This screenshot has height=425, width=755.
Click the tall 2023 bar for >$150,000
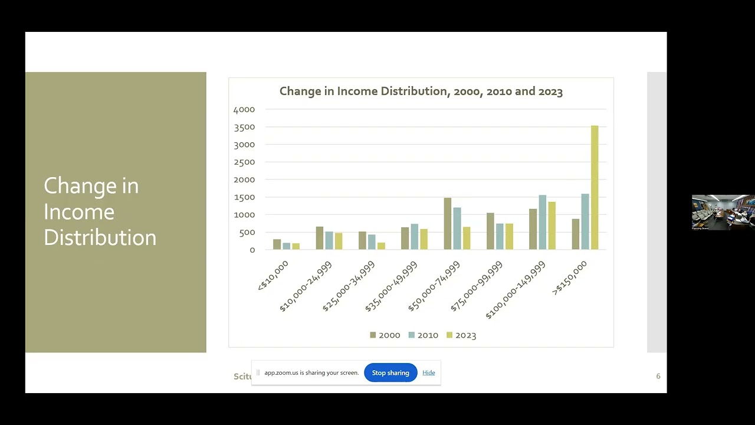595,188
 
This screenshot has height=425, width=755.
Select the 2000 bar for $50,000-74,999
448,224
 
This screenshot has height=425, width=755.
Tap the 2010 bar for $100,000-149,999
542,223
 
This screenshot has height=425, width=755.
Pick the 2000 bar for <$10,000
277,244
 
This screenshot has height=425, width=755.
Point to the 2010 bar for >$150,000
585,222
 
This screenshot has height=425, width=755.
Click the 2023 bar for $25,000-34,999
381,246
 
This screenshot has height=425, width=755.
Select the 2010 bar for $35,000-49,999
414,237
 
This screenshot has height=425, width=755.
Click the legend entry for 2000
385,335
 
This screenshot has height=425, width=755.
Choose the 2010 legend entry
423,335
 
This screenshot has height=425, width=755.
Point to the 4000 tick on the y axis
244,110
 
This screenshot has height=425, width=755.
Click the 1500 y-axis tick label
244,197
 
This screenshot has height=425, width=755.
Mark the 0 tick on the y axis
252,250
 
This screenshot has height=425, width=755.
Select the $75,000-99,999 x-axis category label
477,286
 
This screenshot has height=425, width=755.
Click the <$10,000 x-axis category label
273,276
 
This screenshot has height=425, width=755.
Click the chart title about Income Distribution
421,91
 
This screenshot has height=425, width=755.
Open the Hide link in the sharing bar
428,373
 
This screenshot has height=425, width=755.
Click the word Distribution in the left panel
100,237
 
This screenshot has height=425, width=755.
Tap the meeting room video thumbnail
723,212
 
